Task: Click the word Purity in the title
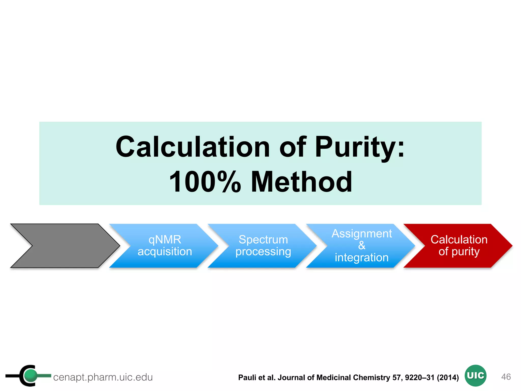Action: (359, 147)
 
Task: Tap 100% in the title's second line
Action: (205, 181)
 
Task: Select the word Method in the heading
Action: (301, 181)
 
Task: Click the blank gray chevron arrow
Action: (65, 246)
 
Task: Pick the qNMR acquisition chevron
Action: (165, 246)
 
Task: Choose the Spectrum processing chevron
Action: (263, 246)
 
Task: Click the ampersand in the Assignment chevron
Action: (361, 245)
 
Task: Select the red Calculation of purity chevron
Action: (459, 246)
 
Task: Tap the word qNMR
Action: (165, 240)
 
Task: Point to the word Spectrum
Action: (263, 240)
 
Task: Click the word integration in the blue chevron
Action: (361, 257)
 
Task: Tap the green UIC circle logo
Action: (475, 375)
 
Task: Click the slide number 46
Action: (506, 376)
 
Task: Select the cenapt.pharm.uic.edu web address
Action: (103, 377)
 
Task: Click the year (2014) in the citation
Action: (447, 377)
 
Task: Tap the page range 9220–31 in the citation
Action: (419, 377)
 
